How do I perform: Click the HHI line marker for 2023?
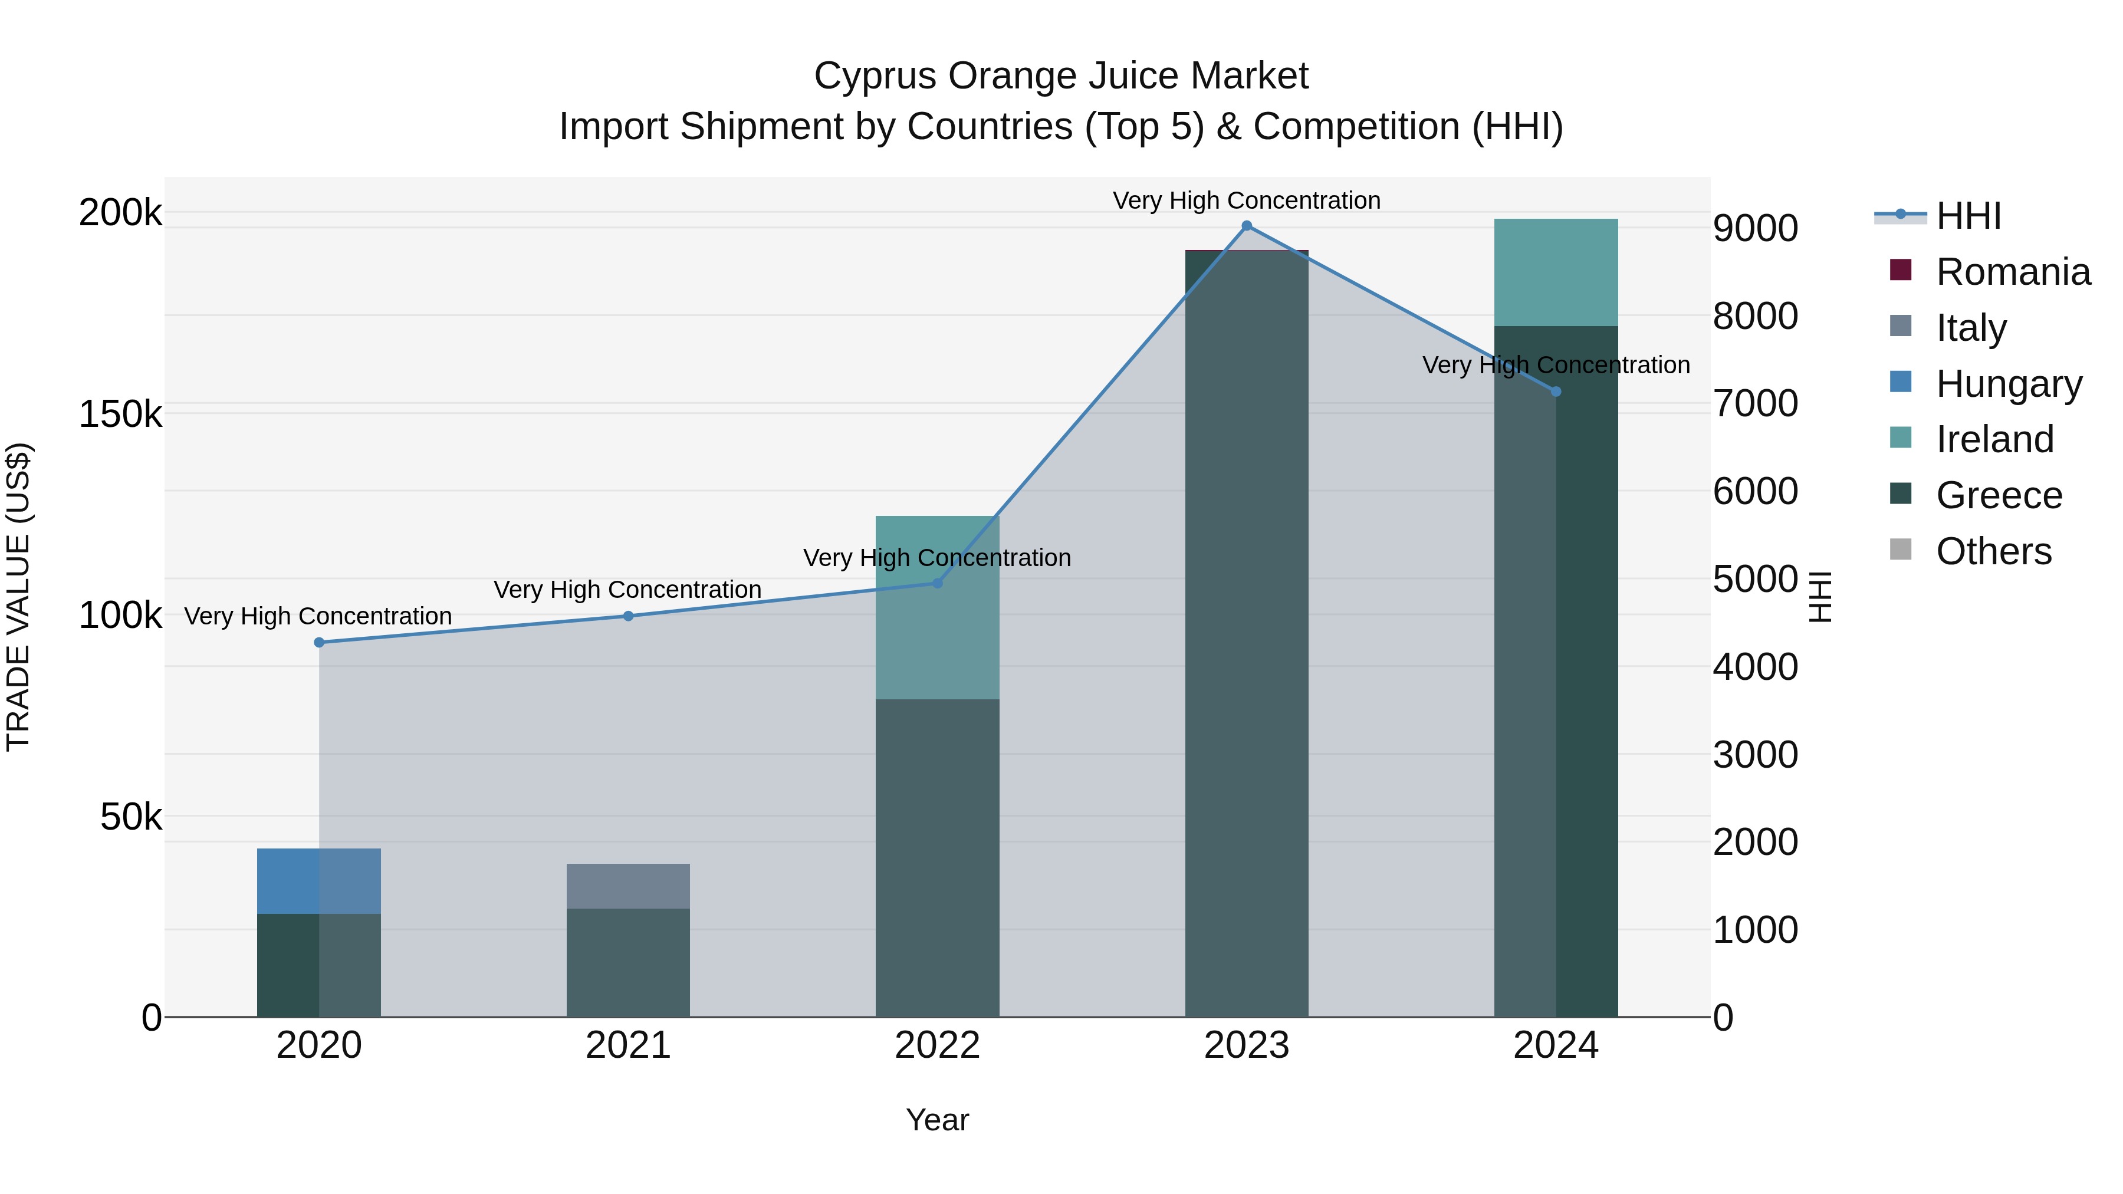pyautogui.click(x=1246, y=226)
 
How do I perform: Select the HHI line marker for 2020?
pyautogui.click(x=319, y=643)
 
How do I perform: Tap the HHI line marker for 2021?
pyautogui.click(x=628, y=616)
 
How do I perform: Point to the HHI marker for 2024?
pyautogui.click(x=1556, y=392)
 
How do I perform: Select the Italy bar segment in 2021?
pyautogui.click(x=628, y=886)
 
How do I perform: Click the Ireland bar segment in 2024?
pyautogui.click(x=1556, y=272)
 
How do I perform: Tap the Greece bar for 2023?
pyautogui.click(x=1246, y=634)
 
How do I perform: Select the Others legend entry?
pyautogui.click(x=1993, y=551)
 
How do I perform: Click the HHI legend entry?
pyautogui.click(x=1968, y=216)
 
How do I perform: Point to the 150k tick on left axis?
pyautogui.click(x=120, y=414)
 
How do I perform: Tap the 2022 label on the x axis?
pyautogui.click(x=937, y=1045)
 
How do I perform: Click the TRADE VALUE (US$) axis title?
pyautogui.click(x=19, y=597)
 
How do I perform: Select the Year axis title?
pyautogui.click(x=937, y=1120)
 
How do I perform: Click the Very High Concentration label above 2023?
pyautogui.click(x=1246, y=200)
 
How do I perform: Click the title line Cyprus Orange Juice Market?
pyautogui.click(x=1061, y=76)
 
